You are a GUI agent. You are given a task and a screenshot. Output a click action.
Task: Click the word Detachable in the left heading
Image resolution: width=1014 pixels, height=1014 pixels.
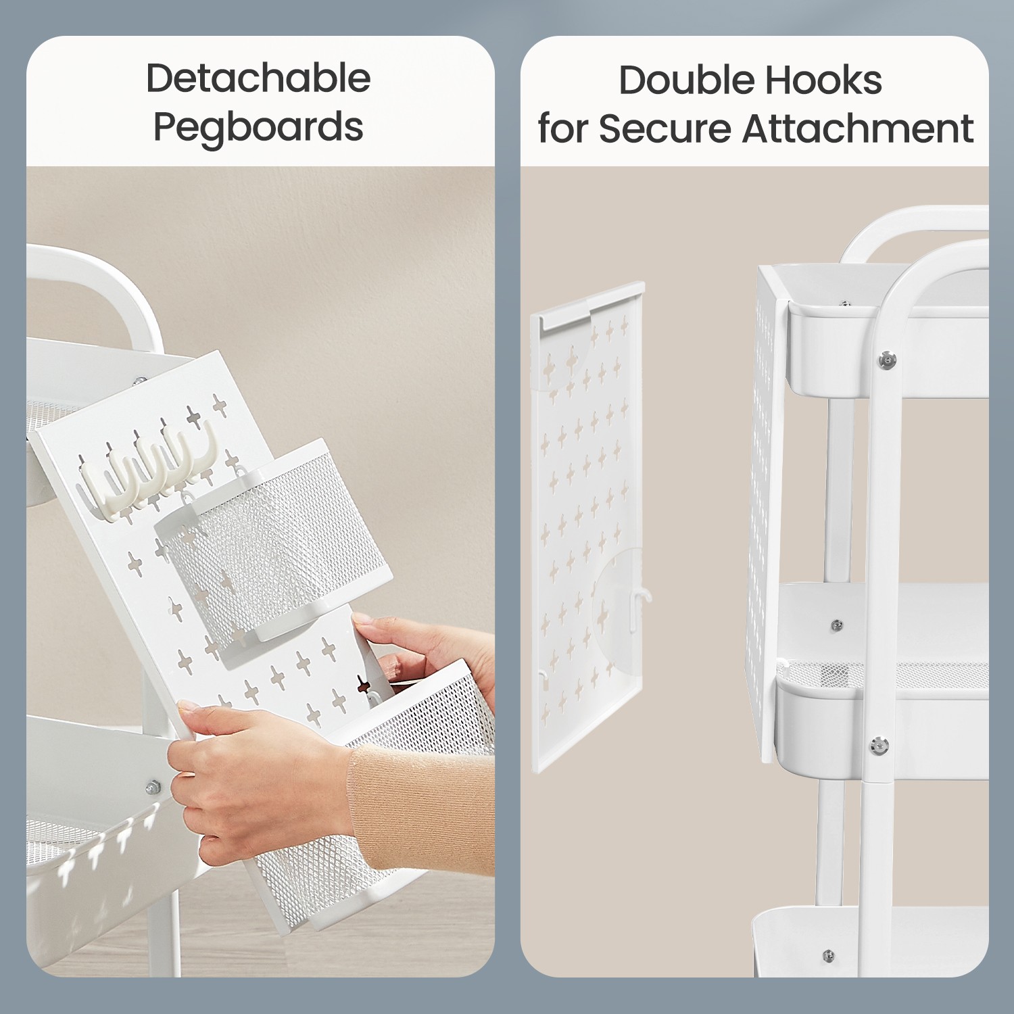[x=258, y=78]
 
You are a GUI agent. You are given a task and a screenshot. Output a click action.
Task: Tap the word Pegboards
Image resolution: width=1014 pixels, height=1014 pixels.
[x=258, y=126]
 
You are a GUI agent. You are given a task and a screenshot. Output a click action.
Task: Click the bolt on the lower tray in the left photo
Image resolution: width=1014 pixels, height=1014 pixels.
[x=153, y=787]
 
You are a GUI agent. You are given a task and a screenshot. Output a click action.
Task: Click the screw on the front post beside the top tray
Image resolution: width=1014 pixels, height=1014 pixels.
[x=887, y=360]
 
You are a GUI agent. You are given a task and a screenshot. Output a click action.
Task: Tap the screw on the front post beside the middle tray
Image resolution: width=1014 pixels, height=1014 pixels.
[x=879, y=746]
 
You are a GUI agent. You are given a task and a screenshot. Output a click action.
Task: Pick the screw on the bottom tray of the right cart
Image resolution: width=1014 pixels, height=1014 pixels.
[x=829, y=956]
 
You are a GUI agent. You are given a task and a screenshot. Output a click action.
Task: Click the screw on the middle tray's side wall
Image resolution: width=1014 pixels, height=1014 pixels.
[x=837, y=625]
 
